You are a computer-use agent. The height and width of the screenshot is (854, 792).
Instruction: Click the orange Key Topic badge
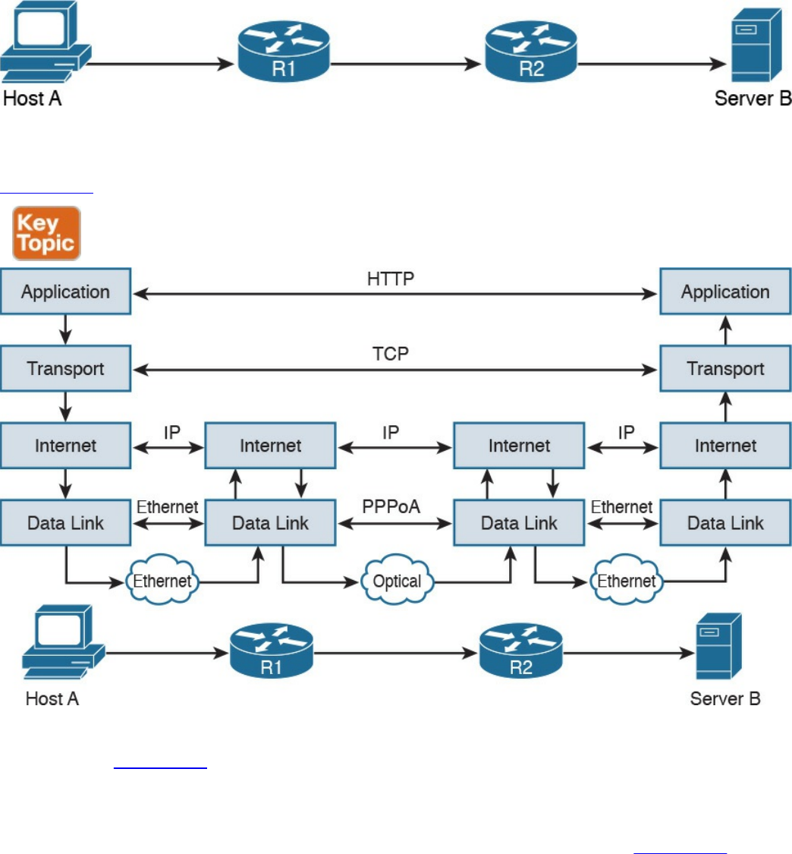46,233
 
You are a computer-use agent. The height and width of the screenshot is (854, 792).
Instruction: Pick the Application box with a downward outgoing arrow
65,291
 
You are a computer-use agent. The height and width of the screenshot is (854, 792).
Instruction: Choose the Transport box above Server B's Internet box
725,369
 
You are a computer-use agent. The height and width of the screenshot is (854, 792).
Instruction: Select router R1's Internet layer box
270,446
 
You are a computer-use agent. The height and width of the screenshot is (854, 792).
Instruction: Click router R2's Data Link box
519,522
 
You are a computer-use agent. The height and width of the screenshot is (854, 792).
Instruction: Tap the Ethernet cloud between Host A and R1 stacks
162,581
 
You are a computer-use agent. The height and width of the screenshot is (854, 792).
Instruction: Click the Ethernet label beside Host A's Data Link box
168,506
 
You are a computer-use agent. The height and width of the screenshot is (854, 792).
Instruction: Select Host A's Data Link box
65,522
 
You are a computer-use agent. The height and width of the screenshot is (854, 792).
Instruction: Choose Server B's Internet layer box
725,446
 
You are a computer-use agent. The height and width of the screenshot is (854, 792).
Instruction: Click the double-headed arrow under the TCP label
394,370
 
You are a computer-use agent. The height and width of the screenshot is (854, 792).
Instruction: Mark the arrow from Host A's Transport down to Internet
65,406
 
